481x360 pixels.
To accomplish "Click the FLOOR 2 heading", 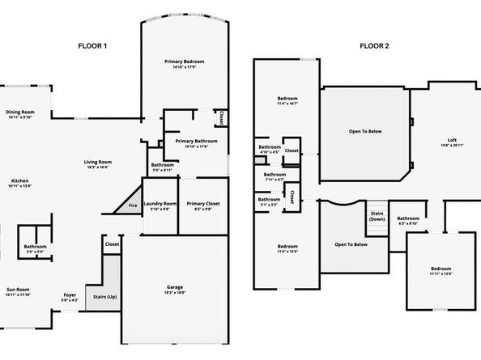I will pyautogui.click(x=375, y=46).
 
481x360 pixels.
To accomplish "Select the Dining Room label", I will pyautogui.click(x=20, y=115).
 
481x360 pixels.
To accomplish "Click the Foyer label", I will pyautogui.click(x=70, y=297).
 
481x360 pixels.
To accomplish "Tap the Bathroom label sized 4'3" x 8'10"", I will pyautogui.click(x=408, y=220).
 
